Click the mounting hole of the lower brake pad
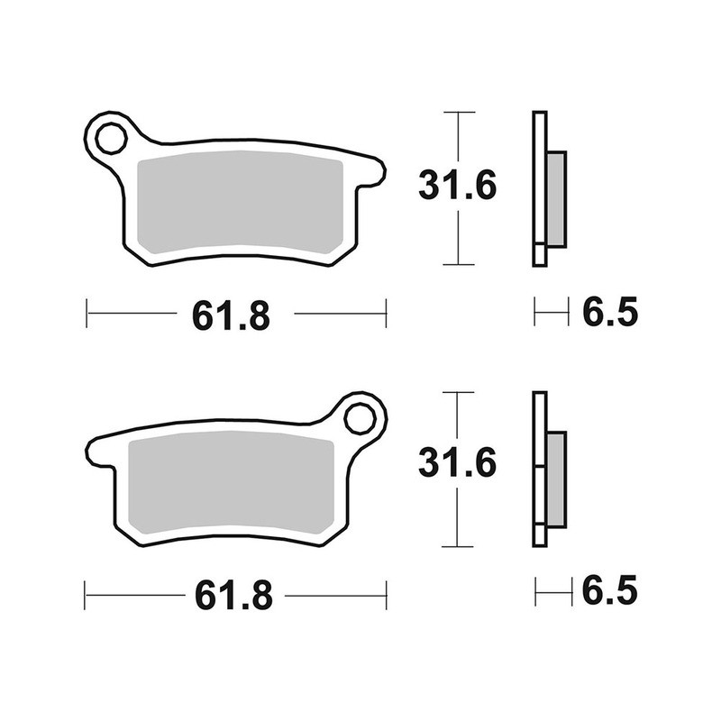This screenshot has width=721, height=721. [360, 419]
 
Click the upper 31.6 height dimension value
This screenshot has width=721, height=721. [458, 187]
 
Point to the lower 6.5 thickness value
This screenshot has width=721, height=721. [609, 592]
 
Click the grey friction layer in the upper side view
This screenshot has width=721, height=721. [556, 198]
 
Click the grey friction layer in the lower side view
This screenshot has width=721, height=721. [556, 479]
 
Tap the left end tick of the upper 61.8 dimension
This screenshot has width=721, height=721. [87, 314]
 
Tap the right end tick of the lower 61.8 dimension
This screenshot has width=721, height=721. [386, 595]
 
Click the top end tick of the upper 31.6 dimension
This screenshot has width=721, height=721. [459, 113]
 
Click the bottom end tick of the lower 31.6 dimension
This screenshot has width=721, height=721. [459, 546]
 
